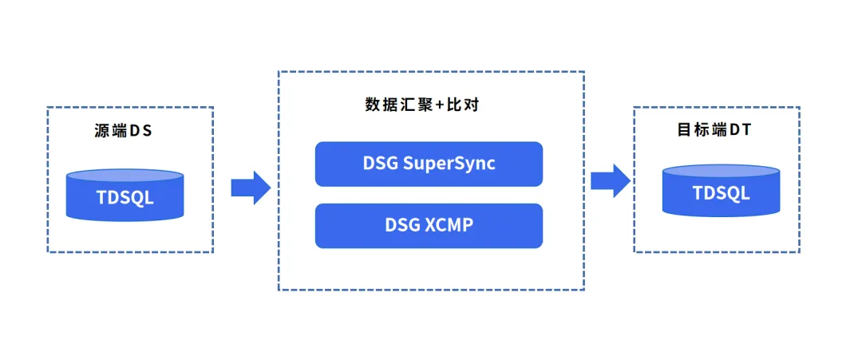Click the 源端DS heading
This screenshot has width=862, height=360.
[123, 131]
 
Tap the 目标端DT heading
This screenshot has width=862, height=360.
[714, 130]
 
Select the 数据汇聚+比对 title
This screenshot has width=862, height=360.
[421, 105]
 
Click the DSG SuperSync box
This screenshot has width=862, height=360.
[429, 164]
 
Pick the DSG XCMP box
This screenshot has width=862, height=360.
[429, 225]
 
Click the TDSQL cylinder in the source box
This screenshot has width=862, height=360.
[125, 195]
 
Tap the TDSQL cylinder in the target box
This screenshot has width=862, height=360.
[721, 192]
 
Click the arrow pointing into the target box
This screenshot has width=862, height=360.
[611, 180]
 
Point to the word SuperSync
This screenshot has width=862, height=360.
[449, 164]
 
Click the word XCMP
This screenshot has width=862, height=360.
[447, 225]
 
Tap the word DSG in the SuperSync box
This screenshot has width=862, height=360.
[380, 164]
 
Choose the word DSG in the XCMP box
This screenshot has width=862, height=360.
[402, 225]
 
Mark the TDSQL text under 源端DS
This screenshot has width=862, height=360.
[125, 196]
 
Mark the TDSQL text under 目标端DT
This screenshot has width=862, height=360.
[721, 193]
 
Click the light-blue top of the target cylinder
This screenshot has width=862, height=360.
[721, 171]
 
